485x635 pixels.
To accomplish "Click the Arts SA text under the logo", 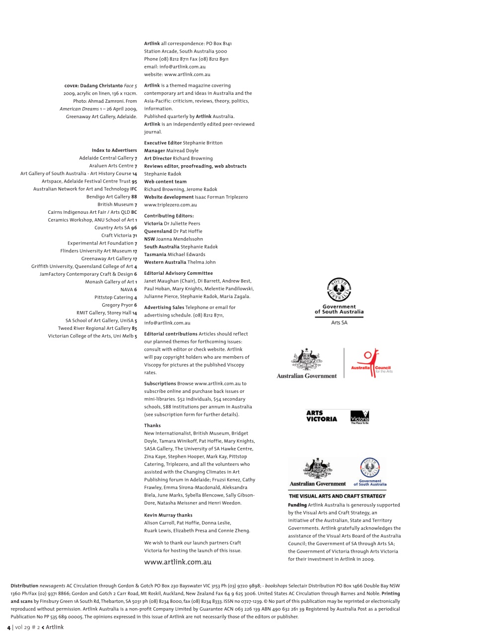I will (x=339, y=322).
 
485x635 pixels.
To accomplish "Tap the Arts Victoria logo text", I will (x=321, y=416).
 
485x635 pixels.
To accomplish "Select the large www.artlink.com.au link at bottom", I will (x=178, y=562).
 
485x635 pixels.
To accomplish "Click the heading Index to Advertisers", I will (x=114, y=150).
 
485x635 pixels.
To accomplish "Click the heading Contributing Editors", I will (x=169, y=216).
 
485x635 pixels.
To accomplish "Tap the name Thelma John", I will (x=202, y=262).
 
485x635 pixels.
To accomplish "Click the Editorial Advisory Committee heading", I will (x=178, y=273).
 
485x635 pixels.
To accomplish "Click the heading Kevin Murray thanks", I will (x=168, y=515).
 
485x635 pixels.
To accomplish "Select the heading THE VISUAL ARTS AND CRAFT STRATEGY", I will (x=337, y=496).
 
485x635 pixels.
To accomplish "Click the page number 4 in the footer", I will (x=8, y=628).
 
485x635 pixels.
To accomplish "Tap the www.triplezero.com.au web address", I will (x=170, y=205).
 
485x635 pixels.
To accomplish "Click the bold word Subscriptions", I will (x=160, y=384).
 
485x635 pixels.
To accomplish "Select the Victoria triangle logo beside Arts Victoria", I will (x=360, y=417).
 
